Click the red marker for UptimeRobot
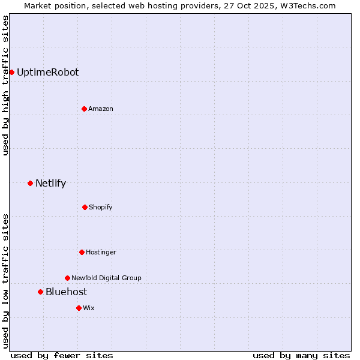11,72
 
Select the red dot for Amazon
84,109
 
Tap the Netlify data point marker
30,183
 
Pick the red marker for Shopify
85,207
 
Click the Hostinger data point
82,252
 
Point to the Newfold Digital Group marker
67,278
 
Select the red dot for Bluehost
40,292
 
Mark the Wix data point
79,308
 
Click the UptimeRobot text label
47,72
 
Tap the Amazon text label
101,109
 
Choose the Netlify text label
50,183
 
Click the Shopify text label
101,207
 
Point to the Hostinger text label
101,252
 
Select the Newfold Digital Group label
106,278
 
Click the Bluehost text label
66,292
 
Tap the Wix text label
89,308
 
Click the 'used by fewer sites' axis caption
62,355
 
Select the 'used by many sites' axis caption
301,355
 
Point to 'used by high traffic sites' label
5,85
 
